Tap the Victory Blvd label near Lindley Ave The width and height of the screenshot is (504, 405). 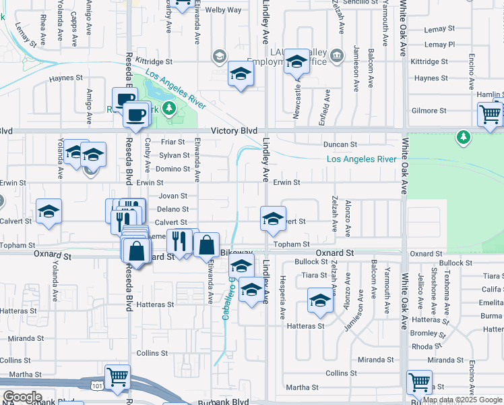coord(234,130)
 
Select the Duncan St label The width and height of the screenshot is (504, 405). coord(340,144)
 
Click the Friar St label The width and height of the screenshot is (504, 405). coord(172,142)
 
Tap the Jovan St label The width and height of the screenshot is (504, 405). coord(172,196)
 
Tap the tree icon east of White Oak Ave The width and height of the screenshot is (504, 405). coord(463,138)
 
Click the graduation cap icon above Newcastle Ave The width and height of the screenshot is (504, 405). coord(294,63)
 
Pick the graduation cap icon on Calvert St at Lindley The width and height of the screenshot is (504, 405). coord(273,219)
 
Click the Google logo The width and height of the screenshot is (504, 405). coord(22,397)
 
